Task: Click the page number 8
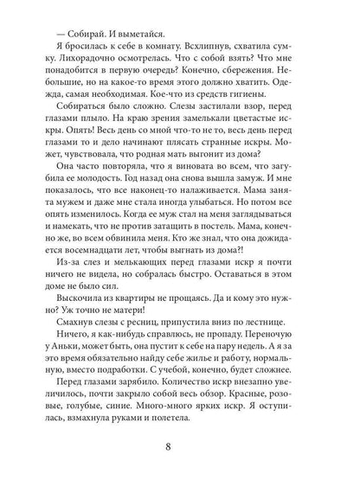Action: coord(179,449)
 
